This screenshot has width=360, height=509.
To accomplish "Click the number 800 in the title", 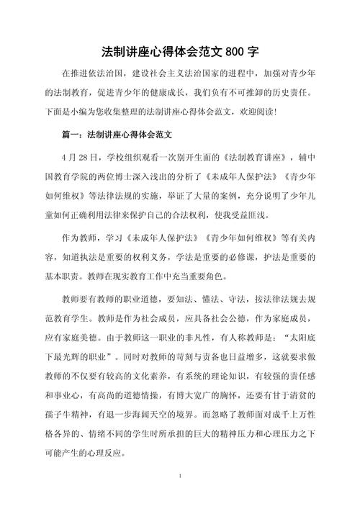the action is click(235, 53).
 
